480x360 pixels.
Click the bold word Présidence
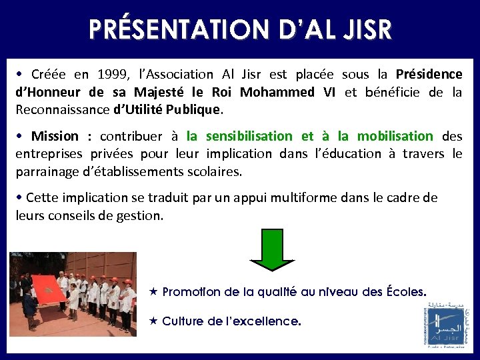point(429,75)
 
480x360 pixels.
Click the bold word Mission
point(55,137)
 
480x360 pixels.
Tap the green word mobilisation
point(395,137)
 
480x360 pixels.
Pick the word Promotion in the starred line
point(193,291)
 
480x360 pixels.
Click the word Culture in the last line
point(182,321)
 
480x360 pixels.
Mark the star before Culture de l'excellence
point(153,321)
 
